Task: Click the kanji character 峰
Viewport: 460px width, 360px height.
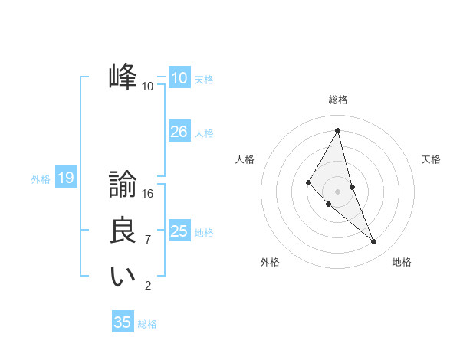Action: pyautogui.click(x=123, y=78)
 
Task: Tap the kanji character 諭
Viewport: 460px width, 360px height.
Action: pyautogui.click(x=123, y=185)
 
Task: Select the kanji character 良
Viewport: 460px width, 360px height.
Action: pyautogui.click(x=123, y=231)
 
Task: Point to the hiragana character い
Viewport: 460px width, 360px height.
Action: pyautogui.click(x=123, y=277)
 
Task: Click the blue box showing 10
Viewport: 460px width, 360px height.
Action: pyautogui.click(x=179, y=78)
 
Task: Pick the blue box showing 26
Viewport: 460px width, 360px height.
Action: pyautogui.click(x=179, y=132)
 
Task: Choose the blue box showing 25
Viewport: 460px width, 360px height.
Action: pyautogui.click(x=179, y=231)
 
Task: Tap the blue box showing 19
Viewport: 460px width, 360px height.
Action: pyautogui.click(x=65, y=178)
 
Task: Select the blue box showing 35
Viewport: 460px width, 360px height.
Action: pyautogui.click(x=122, y=322)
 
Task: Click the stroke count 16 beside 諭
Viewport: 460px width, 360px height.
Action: pyautogui.click(x=148, y=194)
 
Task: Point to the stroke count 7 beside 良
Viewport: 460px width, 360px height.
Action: pyautogui.click(x=148, y=240)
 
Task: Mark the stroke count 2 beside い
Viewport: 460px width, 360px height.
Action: pyautogui.click(x=148, y=286)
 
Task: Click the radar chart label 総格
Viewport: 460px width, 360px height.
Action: pyautogui.click(x=337, y=100)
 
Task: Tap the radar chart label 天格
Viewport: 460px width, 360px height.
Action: pyautogui.click(x=432, y=159)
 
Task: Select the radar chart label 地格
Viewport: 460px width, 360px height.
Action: pyautogui.click(x=402, y=262)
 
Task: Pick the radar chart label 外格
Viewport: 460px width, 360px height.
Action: pyautogui.click(x=270, y=262)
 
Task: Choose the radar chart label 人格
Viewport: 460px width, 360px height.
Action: pyautogui.click(x=245, y=159)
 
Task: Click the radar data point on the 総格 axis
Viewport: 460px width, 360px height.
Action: pyautogui.click(x=337, y=130)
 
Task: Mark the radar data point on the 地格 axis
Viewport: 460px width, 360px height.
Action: pyautogui.click(x=373, y=241)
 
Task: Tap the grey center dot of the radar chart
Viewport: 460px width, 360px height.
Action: pyautogui.click(x=337, y=191)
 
